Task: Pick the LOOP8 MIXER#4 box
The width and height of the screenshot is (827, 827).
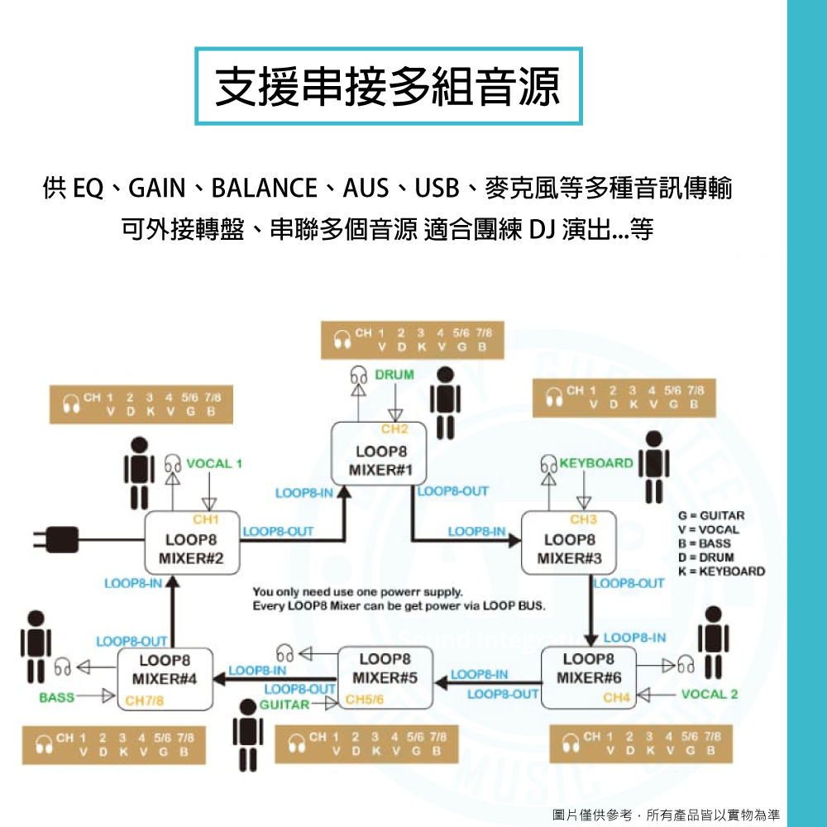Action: tap(165, 677)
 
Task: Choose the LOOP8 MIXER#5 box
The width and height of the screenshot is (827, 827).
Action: tap(385, 677)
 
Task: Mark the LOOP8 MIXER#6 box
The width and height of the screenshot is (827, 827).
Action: tap(588, 677)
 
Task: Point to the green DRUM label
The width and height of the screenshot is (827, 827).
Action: tap(394, 375)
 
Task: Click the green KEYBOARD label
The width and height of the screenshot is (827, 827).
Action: tap(596, 463)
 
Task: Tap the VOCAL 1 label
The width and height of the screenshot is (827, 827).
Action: tap(214, 463)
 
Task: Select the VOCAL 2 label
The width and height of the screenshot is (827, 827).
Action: tap(710, 694)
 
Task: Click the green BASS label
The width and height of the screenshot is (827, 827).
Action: tap(57, 698)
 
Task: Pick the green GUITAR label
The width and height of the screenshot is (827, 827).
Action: tap(284, 705)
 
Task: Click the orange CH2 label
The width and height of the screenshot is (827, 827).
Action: tap(394, 429)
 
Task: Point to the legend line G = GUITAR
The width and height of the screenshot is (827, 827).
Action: tap(710, 515)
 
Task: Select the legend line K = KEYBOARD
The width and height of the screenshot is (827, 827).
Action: tap(721, 571)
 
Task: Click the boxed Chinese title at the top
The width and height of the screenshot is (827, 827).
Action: tap(388, 86)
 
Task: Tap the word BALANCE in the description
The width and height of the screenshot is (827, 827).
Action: tap(264, 189)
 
